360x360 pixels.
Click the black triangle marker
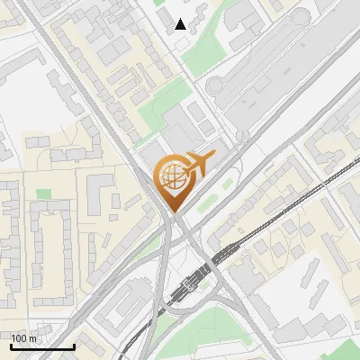point(181,24)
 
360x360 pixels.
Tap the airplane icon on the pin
point(197,164)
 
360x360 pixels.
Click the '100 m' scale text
point(22,338)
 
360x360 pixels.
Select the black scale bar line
point(42,346)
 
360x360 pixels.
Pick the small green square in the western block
point(43,193)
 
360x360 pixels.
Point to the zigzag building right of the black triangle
point(197,13)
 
